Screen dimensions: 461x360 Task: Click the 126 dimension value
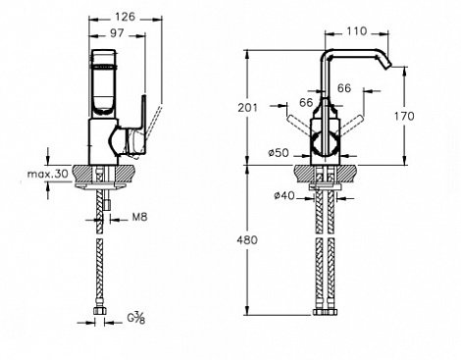click(x=126, y=17)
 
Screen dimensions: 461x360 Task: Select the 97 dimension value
click(x=117, y=33)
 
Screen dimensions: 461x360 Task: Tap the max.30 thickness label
click(x=48, y=174)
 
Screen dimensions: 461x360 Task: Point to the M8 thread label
click(x=140, y=217)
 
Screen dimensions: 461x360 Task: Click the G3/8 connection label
click(x=135, y=318)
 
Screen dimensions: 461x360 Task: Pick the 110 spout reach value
click(x=357, y=31)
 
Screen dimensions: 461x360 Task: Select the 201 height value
click(x=247, y=108)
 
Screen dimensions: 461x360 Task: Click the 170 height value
click(x=404, y=116)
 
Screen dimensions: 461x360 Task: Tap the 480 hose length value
click(x=247, y=240)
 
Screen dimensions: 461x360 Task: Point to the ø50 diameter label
click(x=279, y=153)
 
